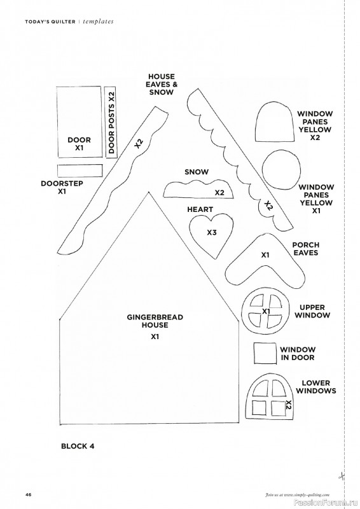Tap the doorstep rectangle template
(x=80, y=171)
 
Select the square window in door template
(x=265, y=354)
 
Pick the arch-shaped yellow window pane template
(x=273, y=122)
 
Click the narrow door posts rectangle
(x=112, y=123)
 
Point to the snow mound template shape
(x=198, y=190)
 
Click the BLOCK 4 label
(x=78, y=446)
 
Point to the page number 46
(x=28, y=495)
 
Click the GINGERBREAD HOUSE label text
(x=155, y=321)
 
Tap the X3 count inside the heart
(x=212, y=232)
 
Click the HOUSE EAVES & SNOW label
(x=162, y=85)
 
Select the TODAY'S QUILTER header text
(x=50, y=22)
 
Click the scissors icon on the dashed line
(x=342, y=476)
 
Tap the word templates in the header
(x=98, y=22)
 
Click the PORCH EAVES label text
(x=306, y=249)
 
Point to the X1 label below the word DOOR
(x=80, y=148)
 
